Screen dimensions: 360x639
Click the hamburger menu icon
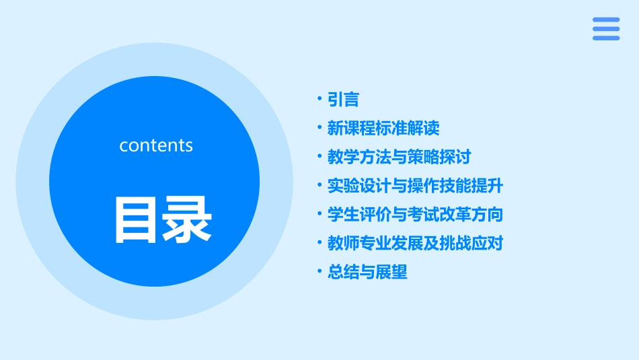coord(605,29)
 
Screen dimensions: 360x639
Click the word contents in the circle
coord(156,145)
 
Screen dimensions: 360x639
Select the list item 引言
coord(343,100)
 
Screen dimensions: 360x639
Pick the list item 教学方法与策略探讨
coord(399,157)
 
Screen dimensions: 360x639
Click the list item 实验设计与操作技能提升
coord(415,186)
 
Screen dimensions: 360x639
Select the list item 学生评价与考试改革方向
coord(415,215)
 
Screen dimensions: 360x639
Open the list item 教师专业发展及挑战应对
coord(415,243)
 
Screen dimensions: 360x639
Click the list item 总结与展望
coord(367,272)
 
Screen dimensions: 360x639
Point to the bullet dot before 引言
coord(320,100)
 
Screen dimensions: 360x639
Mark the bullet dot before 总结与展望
coord(320,272)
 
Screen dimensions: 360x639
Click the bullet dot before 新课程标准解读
coord(320,128)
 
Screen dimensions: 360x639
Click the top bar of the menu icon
coord(605,20)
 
